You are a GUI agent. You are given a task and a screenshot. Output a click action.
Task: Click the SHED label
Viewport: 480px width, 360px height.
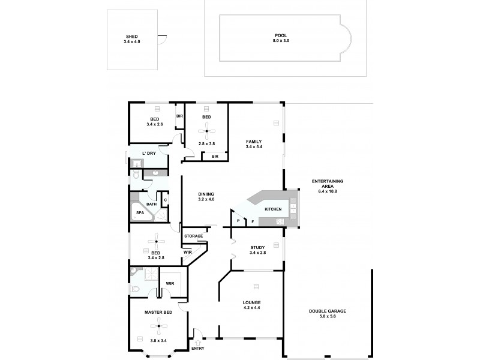click(x=130, y=37)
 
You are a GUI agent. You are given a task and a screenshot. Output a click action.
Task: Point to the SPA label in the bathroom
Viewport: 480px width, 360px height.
click(x=139, y=213)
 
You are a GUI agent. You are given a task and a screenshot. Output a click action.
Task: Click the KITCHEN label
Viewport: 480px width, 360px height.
click(x=274, y=209)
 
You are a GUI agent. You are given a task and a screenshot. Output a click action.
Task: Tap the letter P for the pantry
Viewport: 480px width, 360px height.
click(x=238, y=221)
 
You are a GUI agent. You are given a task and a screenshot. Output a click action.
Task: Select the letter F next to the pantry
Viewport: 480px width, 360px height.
click(x=252, y=222)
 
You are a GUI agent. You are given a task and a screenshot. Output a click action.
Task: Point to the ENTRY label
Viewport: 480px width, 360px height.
click(x=197, y=348)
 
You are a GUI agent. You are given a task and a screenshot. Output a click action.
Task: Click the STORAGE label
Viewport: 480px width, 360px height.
click(x=193, y=236)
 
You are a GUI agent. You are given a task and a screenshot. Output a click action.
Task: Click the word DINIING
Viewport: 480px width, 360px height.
click(x=206, y=194)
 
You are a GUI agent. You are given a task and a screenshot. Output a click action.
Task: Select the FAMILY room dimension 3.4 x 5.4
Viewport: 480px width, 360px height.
click(x=254, y=146)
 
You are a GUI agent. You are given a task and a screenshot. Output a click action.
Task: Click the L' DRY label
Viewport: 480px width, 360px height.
click(x=149, y=154)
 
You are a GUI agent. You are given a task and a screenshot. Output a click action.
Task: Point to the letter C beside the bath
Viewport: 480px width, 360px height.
click(x=165, y=200)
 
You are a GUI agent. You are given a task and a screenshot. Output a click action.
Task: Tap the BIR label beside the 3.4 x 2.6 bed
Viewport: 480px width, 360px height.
click(x=179, y=116)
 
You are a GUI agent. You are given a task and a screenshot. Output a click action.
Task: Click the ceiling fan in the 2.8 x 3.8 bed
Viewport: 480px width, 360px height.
click(x=207, y=131)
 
